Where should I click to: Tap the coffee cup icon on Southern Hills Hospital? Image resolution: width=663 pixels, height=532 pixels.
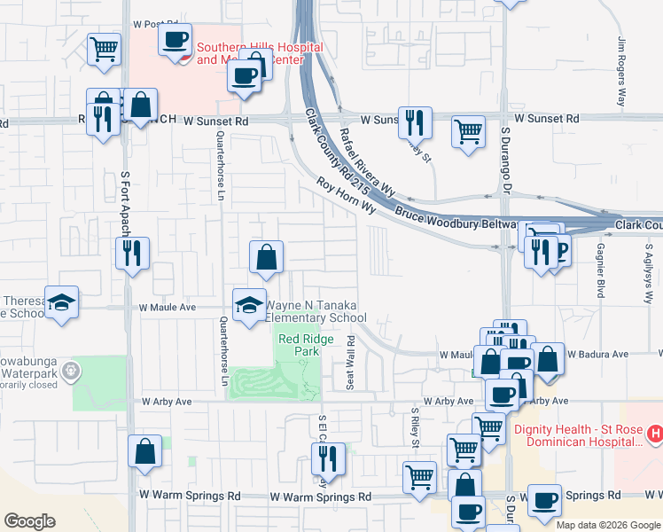pos(175,40)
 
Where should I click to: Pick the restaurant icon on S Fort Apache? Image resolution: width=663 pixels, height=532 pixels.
pos(132,254)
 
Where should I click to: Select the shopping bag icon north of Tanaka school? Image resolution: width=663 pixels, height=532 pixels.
pos(266,258)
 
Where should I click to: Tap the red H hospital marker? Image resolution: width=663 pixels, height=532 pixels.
pos(655,434)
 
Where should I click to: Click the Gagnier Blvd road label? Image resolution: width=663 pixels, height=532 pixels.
pos(601,270)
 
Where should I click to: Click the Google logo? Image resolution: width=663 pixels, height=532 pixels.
pos(29,520)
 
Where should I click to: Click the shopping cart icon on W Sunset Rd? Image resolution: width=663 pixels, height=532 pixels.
pos(468,131)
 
